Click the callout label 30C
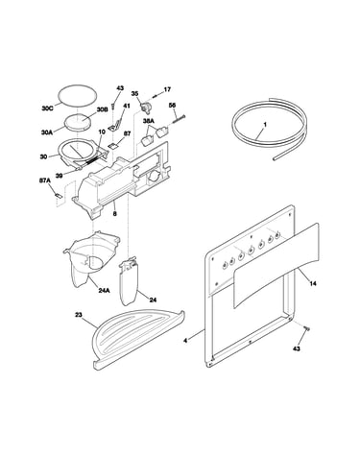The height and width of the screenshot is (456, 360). pos(47,108)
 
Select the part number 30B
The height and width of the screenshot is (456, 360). pos(102,109)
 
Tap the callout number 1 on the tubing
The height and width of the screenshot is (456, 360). pos(265,124)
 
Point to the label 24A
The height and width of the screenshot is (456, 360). pos(104,291)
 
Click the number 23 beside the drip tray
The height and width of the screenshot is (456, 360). pos(79,315)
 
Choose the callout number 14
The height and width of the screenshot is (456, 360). pos(313,283)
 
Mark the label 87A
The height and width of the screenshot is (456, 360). pos(45,180)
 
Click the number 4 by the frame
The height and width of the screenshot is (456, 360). pos(185,341)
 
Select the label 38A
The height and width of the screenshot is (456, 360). pos(149,121)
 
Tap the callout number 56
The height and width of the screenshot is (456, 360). pos(172,105)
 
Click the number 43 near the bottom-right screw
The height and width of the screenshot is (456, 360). pos(297,348)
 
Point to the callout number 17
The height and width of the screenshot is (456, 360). pos(167,89)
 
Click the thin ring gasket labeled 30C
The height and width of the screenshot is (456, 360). pos(78,95)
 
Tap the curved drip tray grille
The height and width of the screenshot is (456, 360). pos(138,339)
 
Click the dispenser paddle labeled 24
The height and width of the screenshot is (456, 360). pos(130,281)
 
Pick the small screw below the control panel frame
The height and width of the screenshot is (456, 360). pos(307,328)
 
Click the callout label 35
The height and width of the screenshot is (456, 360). pos(134,93)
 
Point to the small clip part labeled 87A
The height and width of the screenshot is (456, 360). pos(59,196)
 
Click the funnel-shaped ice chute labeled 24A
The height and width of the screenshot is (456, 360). pos(91,259)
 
